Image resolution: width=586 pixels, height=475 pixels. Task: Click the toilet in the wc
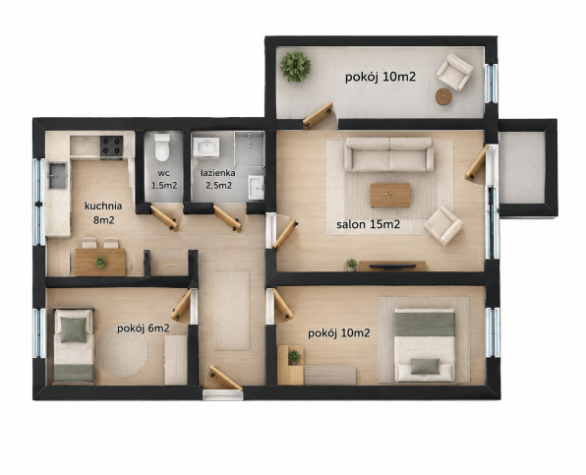162,147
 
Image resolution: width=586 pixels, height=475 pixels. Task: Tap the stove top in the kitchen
111,147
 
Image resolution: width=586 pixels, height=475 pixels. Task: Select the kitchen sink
58,176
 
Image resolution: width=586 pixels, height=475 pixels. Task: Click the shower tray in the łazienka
249,148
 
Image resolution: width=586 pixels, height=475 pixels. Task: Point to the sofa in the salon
388,154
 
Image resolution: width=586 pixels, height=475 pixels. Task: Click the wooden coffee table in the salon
390,195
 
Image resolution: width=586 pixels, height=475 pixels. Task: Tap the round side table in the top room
444,96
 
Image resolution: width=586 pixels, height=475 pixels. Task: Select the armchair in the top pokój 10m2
455,72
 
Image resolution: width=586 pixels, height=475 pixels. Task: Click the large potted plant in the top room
296,67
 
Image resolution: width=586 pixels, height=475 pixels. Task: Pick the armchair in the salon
443,226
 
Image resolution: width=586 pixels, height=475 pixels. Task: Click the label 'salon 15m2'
368,224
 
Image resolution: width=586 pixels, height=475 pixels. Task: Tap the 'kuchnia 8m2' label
103,213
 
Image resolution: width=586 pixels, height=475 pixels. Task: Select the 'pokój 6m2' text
144,328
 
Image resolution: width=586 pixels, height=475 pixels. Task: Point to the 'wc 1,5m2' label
164,179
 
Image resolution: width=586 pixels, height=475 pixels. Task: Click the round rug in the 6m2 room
123,351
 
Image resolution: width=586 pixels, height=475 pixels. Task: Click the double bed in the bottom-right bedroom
424,345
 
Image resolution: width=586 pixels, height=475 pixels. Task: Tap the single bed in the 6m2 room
74,346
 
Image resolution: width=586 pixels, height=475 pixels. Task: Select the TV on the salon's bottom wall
392,267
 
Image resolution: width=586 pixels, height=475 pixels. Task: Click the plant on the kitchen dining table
100,262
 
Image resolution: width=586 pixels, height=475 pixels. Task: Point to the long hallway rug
231,311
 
